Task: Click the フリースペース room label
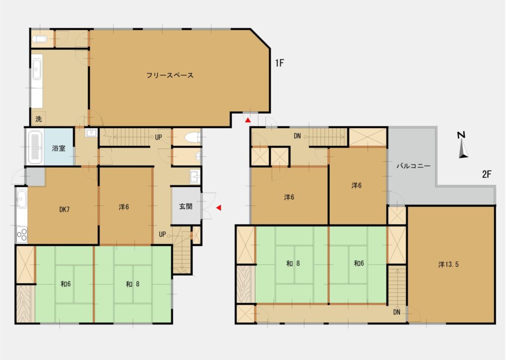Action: tap(170, 75)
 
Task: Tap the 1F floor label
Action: tap(280, 63)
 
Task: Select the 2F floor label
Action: tap(487, 175)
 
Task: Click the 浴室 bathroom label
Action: tap(59, 148)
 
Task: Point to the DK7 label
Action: tap(65, 210)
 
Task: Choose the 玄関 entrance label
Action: tap(186, 206)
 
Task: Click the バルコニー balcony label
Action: tap(414, 166)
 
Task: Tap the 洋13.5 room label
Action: tap(449, 265)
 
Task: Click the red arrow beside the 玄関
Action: tap(219, 208)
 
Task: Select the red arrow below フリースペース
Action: tap(248, 120)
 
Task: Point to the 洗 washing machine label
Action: tap(39, 119)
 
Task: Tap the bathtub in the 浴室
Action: tap(35, 147)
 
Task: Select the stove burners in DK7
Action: tap(22, 235)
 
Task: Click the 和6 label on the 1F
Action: tap(66, 284)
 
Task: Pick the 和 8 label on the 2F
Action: tap(293, 264)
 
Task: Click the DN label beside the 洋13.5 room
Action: tap(397, 312)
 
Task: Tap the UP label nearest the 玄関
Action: tap(162, 234)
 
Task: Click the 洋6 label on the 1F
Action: tap(124, 207)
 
